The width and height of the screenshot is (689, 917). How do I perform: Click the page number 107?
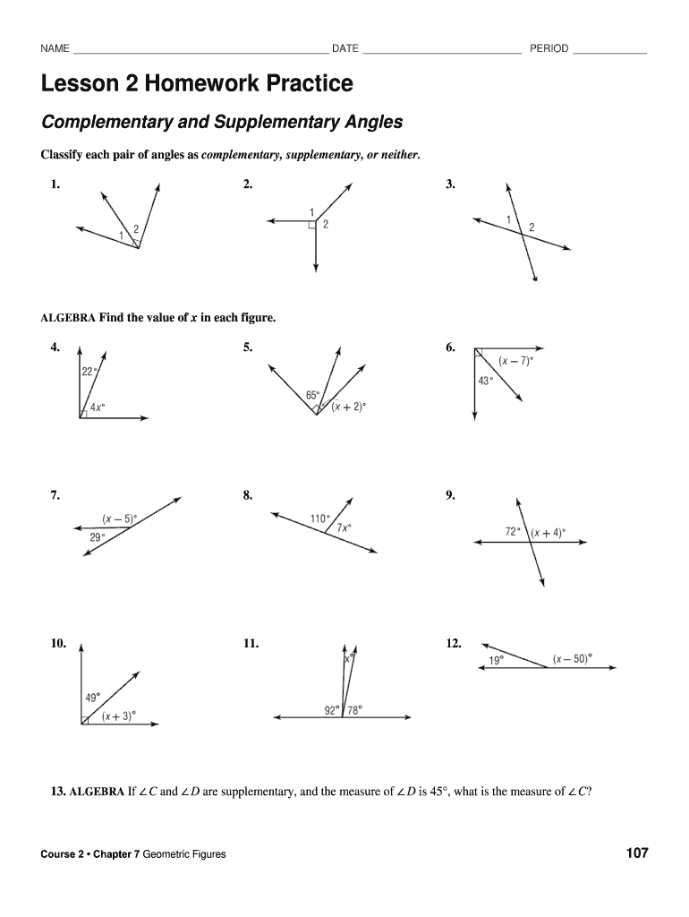pyautogui.click(x=636, y=853)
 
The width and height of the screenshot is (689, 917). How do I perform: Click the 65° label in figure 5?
pyautogui.click(x=312, y=395)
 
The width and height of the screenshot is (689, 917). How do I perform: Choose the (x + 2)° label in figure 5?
pyautogui.click(x=348, y=407)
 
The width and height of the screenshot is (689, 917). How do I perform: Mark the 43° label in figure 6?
pyautogui.click(x=486, y=381)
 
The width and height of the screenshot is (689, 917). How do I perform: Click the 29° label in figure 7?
pyautogui.click(x=97, y=537)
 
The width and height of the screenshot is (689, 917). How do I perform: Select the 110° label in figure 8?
pyautogui.click(x=320, y=518)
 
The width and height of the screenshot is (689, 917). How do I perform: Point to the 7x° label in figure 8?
pyautogui.click(x=344, y=528)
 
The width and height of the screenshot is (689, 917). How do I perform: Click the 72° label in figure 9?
pyautogui.click(x=513, y=531)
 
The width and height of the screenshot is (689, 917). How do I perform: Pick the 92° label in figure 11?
pyautogui.click(x=332, y=710)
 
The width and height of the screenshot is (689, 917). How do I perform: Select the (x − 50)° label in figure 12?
pyautogui.click(x=572, y=659)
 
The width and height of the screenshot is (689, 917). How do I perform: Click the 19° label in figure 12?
pyautogui.click(x=496, y=660)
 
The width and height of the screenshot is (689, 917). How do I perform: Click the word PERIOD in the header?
pyautogui.click(x=549, y=48)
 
